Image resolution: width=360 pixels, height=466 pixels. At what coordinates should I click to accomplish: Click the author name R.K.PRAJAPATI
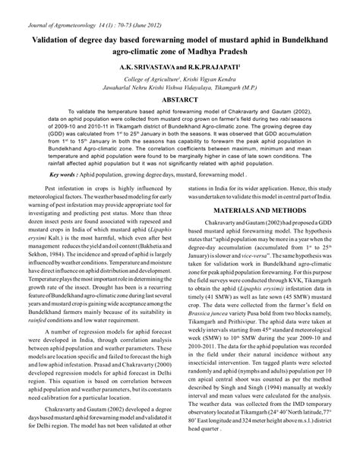point(216,66)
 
